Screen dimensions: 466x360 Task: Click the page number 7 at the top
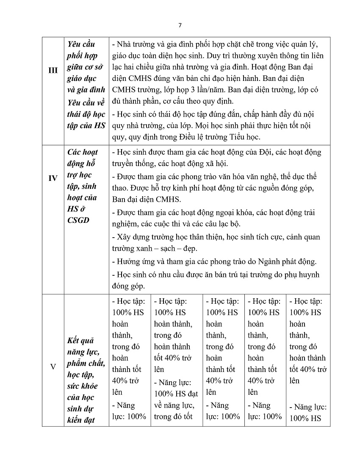[180, 25]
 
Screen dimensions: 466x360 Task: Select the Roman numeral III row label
[53, 71]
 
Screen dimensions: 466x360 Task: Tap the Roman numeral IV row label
[53, 178]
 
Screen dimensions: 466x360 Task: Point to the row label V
[53, 367]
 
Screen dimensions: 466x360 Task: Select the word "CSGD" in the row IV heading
[78, 220]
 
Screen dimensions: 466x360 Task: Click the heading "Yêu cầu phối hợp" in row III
[81, 50]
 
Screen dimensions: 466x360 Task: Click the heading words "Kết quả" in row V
[80, 341]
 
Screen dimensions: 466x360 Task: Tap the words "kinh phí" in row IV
[178, 188]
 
